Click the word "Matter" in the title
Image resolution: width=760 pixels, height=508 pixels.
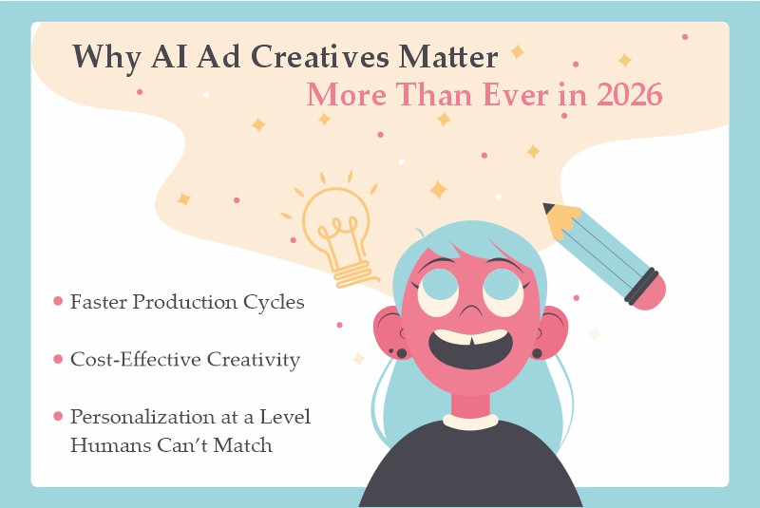point(448,57)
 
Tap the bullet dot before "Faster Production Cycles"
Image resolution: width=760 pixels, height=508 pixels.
point(57,302)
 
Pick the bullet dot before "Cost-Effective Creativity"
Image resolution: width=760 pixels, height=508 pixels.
point(57,360)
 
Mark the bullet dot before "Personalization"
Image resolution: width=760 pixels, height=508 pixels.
point(57,417)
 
